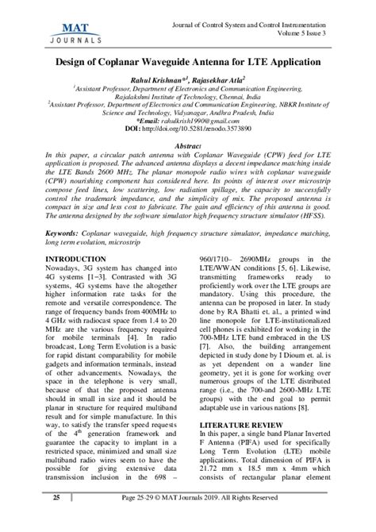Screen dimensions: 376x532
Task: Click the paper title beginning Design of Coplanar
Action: point(188,60)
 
